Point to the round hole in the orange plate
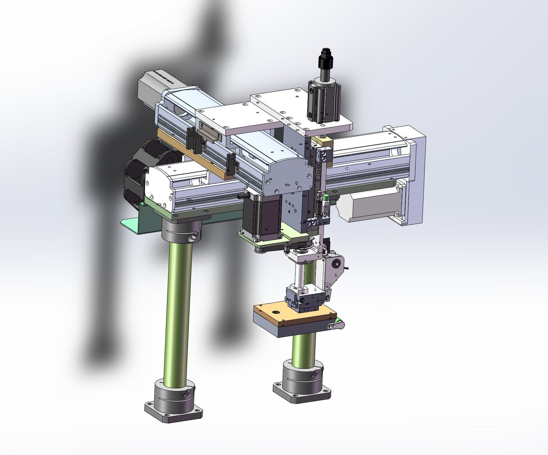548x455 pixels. tap(275, 313)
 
